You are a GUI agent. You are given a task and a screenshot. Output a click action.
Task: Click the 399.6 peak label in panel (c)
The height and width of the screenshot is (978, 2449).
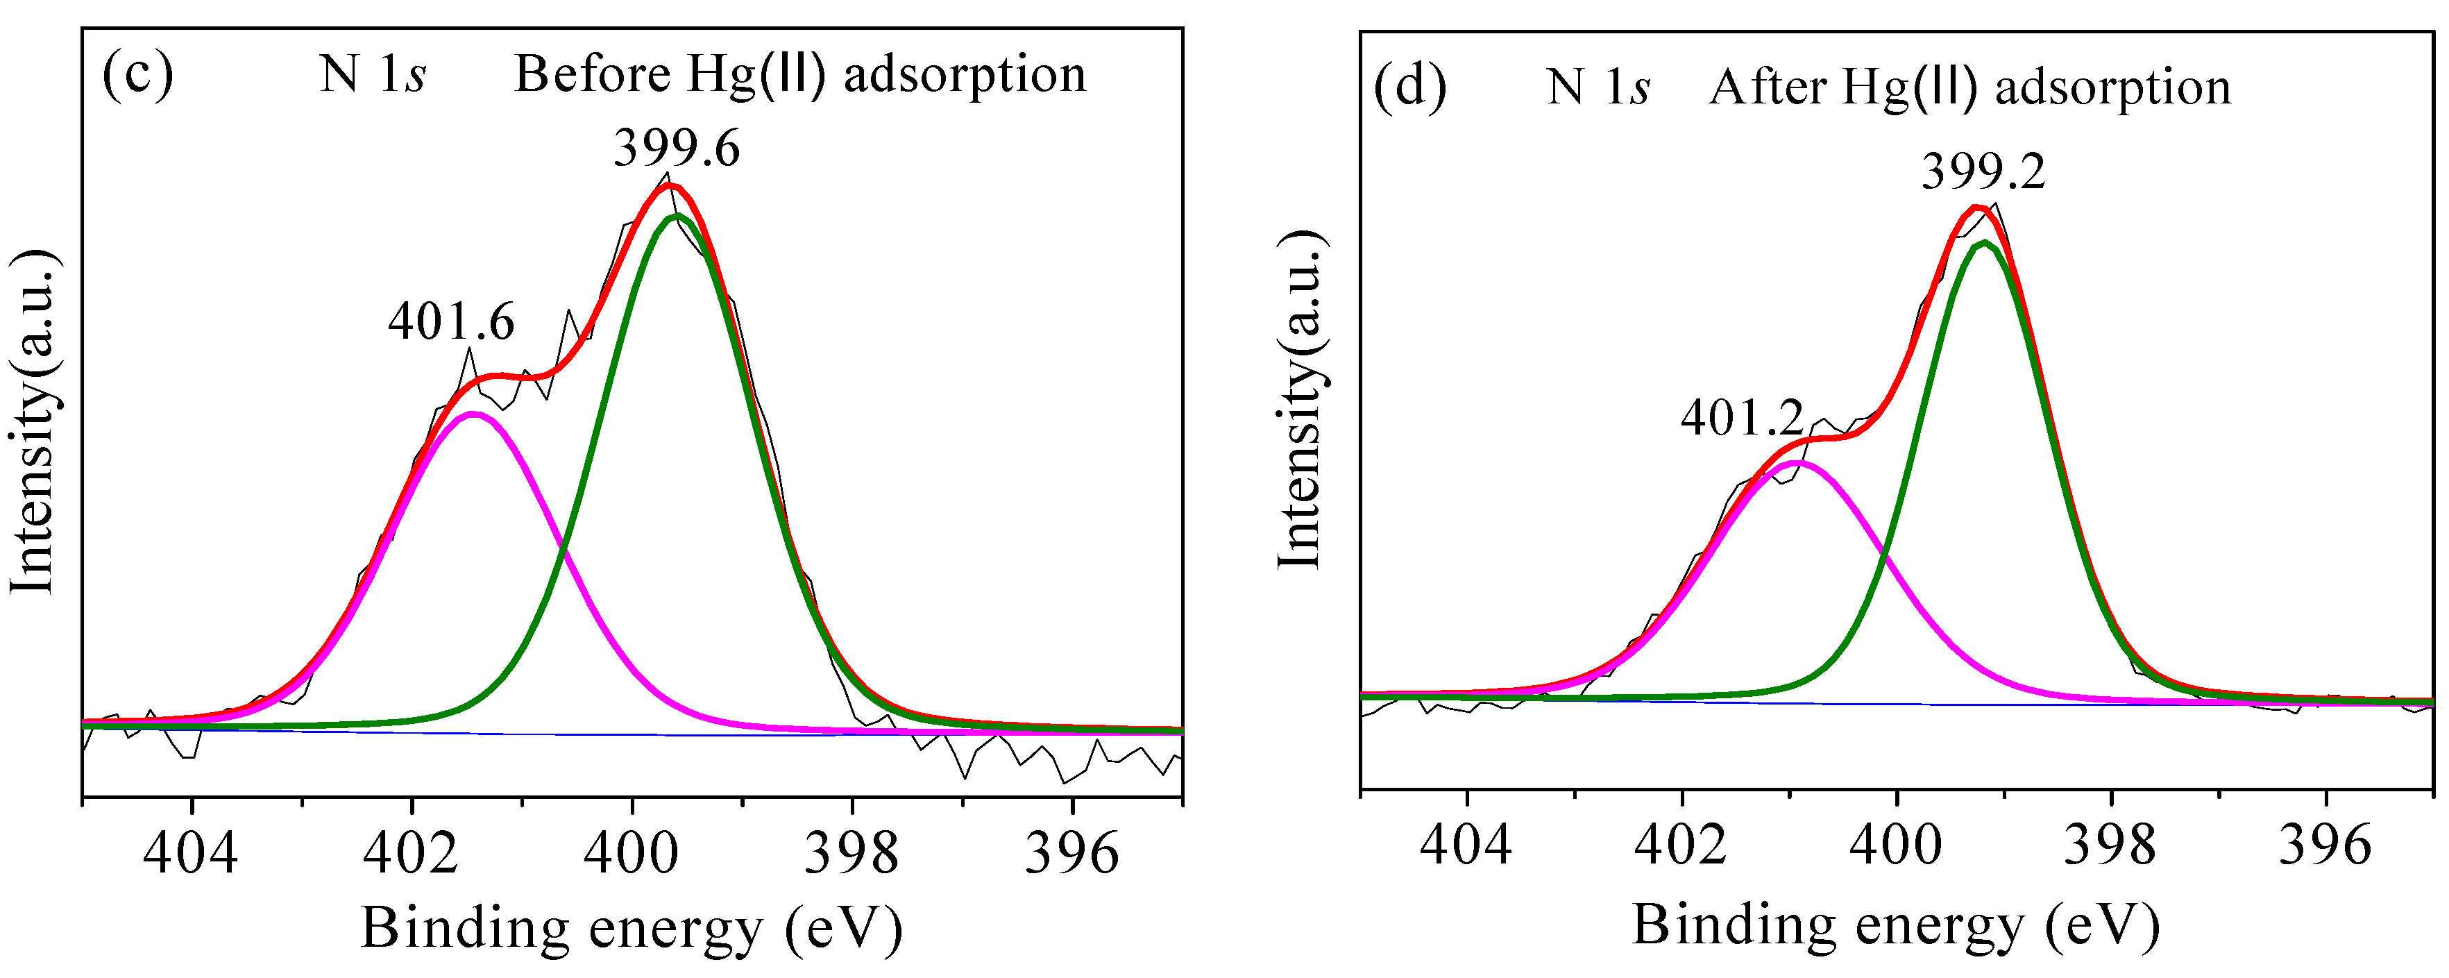point(676,149)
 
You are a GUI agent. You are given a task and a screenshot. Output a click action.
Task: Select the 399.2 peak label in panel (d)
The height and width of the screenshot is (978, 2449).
point(1983,172)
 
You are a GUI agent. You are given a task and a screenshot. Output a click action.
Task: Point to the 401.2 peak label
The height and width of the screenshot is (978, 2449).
point(1742,417)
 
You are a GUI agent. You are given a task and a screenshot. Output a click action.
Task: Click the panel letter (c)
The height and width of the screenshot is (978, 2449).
point(138,74)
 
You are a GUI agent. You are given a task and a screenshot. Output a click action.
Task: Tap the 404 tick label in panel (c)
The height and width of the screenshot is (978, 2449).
point(190,852)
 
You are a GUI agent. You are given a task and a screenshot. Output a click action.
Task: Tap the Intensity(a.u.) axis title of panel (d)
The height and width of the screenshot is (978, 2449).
point(1300,399)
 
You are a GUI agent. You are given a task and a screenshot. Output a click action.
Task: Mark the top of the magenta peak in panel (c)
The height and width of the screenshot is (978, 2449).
point(473,414)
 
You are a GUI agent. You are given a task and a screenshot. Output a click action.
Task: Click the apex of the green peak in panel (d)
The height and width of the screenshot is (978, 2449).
point(1983,244)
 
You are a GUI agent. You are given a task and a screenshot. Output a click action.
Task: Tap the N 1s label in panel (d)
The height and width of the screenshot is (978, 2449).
point(1598,87)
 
